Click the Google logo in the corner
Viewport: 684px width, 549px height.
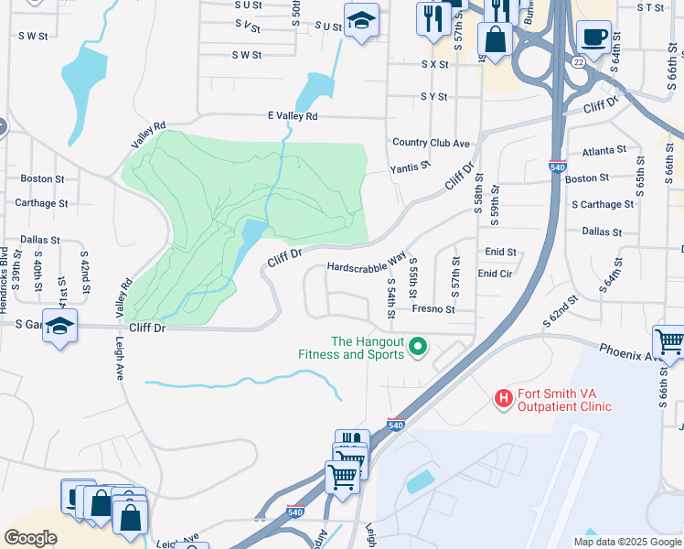pos(30,538)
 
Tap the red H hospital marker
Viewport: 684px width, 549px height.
pos(502,398)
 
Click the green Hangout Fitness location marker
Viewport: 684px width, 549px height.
pos(419,346)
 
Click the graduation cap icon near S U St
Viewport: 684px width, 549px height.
pos(362,20)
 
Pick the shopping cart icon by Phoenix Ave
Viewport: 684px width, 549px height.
pos(669,343)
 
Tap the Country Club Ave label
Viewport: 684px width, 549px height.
pos(431,143)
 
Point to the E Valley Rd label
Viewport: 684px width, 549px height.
pos(292,116)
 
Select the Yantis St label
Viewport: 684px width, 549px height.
pos(409,168)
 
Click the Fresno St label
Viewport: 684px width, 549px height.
pos(433,310)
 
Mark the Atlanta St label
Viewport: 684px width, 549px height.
pos(596,149)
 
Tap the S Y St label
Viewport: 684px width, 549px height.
pos(433,96)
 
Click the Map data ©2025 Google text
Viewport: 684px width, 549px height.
pos(625,542)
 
